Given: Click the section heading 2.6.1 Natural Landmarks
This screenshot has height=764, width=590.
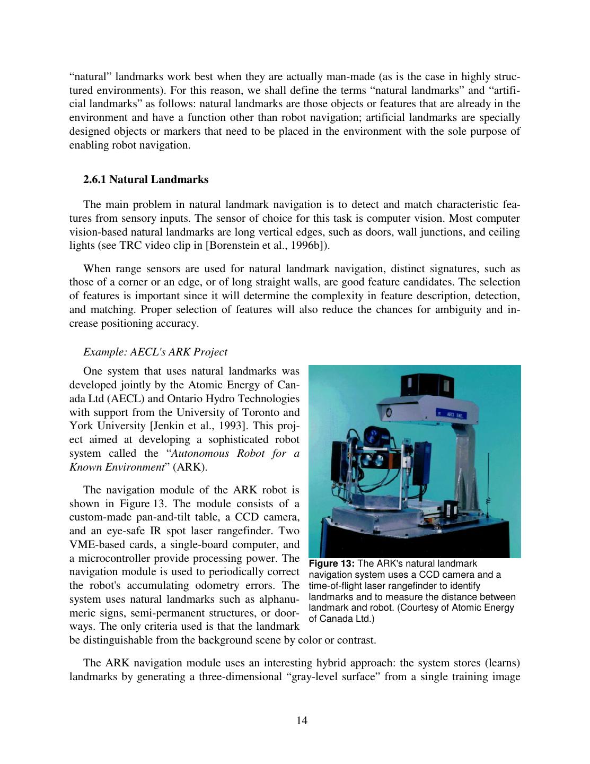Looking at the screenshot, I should [146, 179].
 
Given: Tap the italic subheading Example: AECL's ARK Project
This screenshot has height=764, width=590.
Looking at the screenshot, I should [155, 352].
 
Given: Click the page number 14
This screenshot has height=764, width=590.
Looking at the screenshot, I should [302, 720].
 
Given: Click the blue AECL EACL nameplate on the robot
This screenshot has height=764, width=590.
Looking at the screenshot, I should [451, 414].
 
